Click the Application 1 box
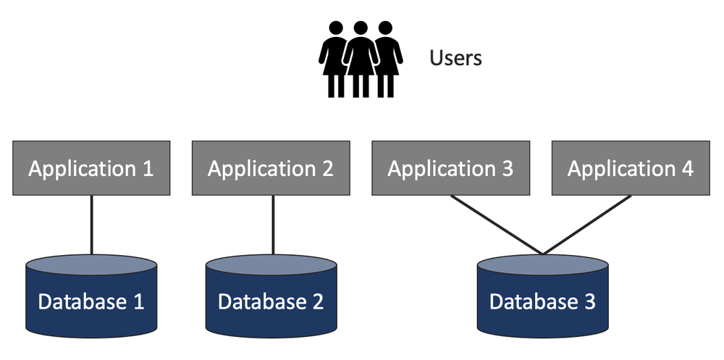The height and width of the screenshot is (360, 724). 91,168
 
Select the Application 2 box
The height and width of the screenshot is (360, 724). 271,168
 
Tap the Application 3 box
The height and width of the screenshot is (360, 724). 450,168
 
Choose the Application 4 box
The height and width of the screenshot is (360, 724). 630,168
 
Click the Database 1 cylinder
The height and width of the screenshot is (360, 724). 91,297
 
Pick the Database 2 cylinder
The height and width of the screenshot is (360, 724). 271,297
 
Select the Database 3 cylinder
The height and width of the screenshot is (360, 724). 542,297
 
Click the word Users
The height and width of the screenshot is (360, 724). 455,58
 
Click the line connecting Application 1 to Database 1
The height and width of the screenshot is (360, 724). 91,225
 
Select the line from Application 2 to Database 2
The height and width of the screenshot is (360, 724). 273,225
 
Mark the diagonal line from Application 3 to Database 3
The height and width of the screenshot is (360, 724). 496,225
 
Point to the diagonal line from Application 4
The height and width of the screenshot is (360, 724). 586,225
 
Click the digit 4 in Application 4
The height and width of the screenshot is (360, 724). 686,169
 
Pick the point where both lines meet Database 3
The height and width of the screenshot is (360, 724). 542,254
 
